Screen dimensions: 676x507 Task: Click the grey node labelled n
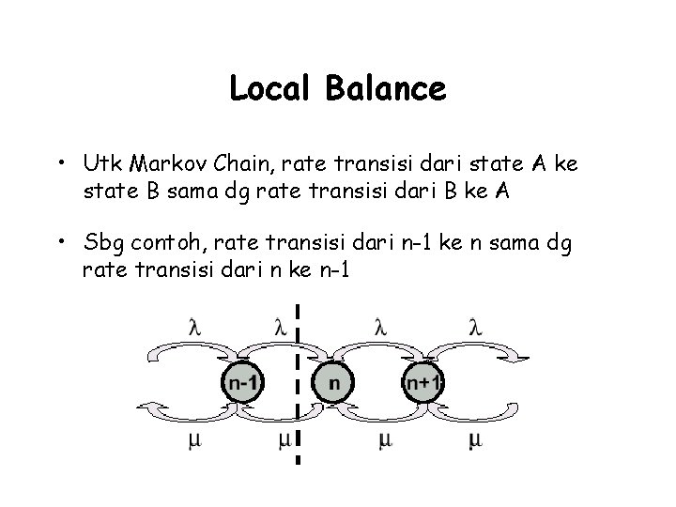tap(333, 382)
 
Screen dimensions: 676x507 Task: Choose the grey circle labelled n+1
tap(423, 382)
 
